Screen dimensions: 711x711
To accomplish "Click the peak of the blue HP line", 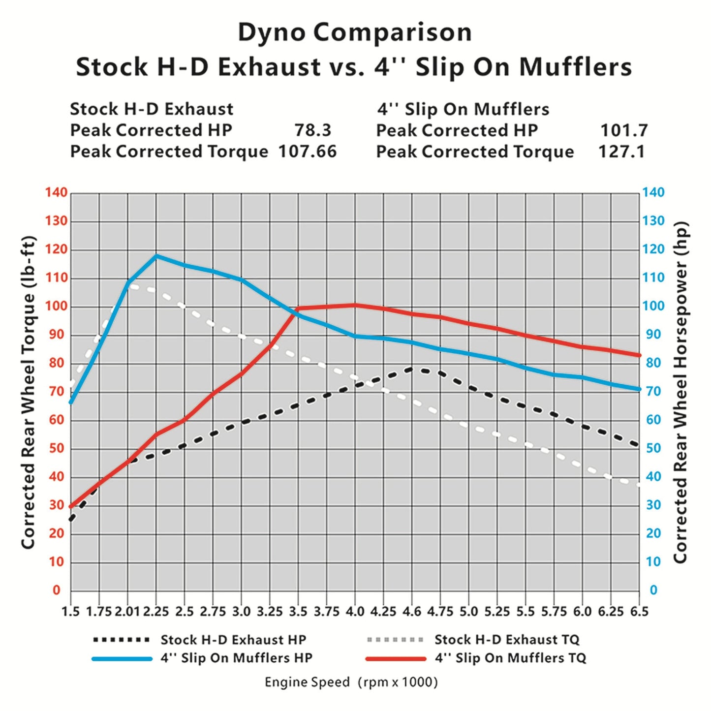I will tap(156, 255).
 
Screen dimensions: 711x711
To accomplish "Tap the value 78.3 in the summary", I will tap(313, 130).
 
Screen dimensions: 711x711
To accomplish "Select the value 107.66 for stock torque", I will tap(308, 152).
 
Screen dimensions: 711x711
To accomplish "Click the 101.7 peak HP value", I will tap(624, 130).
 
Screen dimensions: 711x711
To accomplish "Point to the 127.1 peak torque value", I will tap(621, 152).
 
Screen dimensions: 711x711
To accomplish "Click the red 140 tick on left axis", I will tap(56, 192).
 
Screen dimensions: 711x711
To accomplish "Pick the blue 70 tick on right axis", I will tap(653, 392).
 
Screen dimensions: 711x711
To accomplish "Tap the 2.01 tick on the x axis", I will tap(127, 612).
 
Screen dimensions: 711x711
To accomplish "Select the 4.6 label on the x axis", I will tap(412, 612).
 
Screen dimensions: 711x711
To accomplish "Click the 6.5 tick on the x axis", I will tap(639, 612).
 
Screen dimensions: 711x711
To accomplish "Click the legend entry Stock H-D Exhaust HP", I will tap(233, 640).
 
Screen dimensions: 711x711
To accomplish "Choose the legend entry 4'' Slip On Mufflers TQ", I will tap(510, 658).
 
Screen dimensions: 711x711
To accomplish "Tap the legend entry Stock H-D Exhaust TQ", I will tap(507, 640).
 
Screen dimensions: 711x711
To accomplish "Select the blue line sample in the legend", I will tap(122, 659).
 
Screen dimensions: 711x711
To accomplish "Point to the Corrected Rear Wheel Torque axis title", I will tap(28, 392).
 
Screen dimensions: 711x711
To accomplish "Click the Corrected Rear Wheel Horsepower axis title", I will tap(680, 392).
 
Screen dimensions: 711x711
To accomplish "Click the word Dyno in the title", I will tap(272, 32).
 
